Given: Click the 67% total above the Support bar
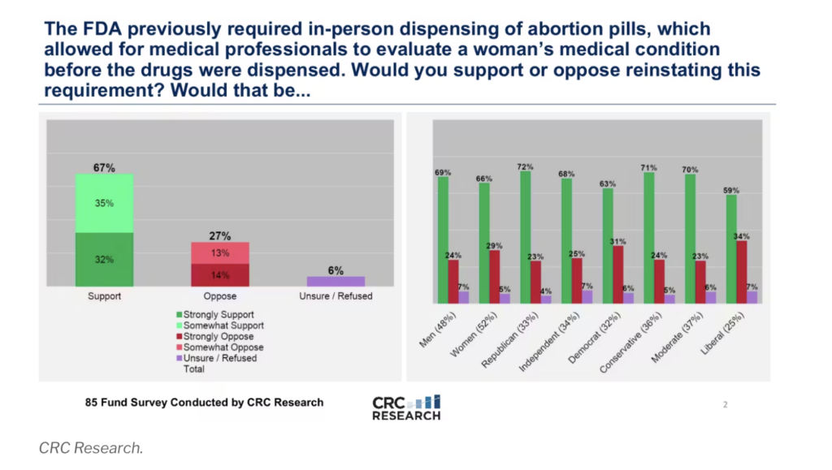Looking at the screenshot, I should pos(104,168).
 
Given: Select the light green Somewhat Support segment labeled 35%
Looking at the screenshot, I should pos(104,203).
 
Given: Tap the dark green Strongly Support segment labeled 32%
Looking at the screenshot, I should pos(104,259).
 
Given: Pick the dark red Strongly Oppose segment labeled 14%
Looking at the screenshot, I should pos(220,274).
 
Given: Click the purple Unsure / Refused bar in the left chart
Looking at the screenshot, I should pos(336,281).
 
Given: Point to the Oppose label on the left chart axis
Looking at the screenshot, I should pos(220,296).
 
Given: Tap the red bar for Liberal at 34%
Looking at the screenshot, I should pos(742,271).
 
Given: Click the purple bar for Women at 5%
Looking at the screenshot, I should pos(505,298).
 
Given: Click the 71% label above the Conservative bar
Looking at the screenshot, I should pos(648,167).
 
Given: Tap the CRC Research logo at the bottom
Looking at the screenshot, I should pos(406,407).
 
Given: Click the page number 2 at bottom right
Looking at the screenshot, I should pos(726,403).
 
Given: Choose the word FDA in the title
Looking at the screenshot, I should pos(86,29).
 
